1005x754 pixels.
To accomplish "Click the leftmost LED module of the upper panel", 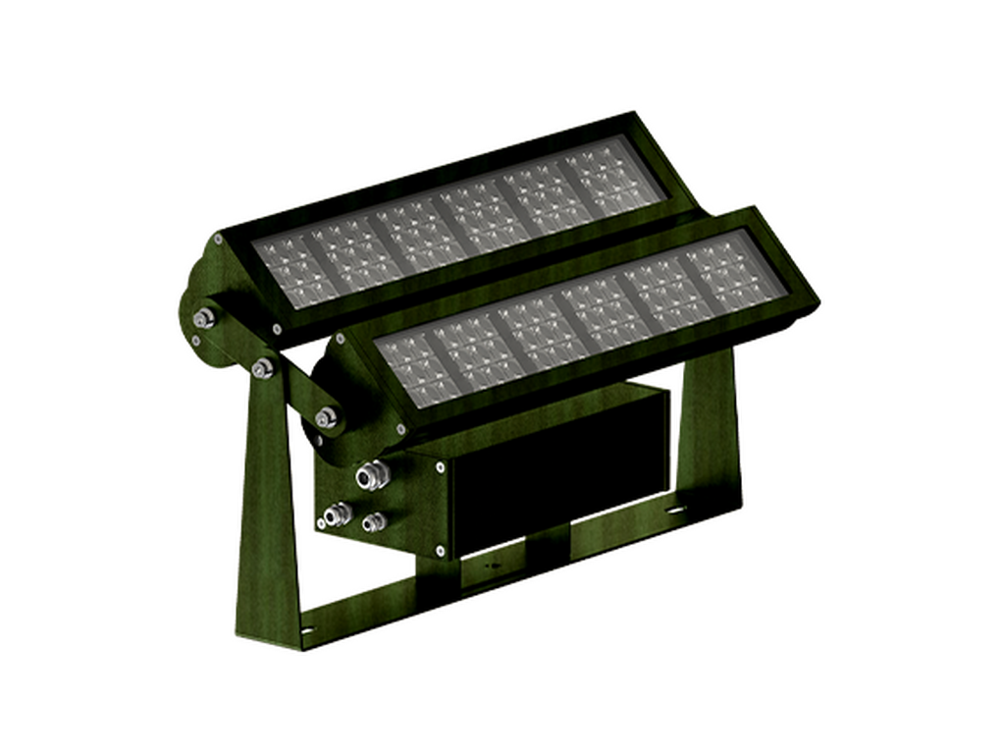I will coord(290,266).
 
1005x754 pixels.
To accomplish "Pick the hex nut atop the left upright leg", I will coord(261,367).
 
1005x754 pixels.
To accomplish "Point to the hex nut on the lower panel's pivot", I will coord(326,416).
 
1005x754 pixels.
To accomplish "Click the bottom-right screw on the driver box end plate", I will coord(438,549).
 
